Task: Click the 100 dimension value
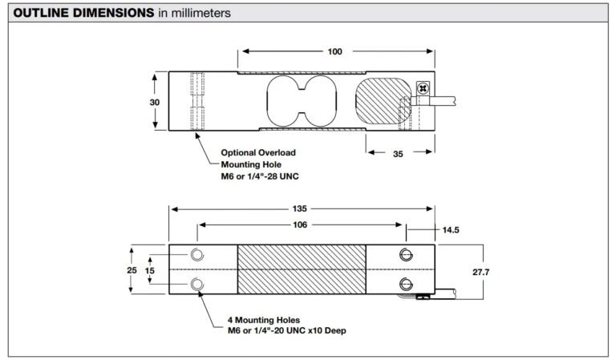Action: pos(334,51)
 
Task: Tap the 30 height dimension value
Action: pos(154,102)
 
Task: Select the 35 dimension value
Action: pos(398,154)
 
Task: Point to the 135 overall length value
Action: pos(299,208)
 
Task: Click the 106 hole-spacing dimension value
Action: pos(300,224)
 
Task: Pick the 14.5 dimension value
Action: pos(451,229)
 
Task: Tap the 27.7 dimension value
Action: pos(481,272)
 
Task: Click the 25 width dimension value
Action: pos(132,270)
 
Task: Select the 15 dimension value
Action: pos(150,270)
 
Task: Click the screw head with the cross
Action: pos(423,88)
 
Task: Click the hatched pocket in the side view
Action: pos(383,100)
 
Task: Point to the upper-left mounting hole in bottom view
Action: pos(197,255)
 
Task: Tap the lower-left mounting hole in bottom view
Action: pos(197,284)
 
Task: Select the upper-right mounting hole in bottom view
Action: pos(406,255)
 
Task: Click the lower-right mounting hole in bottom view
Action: pos(406,284)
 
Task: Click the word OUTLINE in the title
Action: pos(41,13)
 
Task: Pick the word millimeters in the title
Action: pos(201,13)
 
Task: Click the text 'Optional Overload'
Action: pos(258,152)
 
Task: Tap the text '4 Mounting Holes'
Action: pos(264,320)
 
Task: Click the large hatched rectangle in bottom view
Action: pos(302,269)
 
